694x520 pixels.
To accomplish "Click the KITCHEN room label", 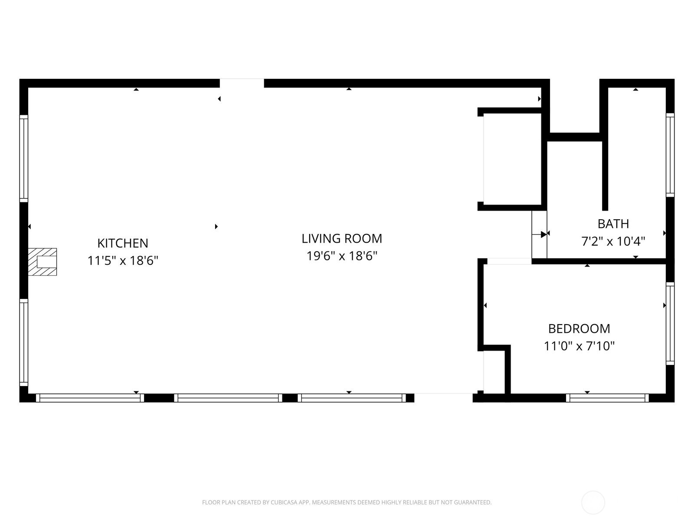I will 123,243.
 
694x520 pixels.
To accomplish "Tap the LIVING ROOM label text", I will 342,238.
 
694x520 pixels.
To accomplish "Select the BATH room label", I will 613,224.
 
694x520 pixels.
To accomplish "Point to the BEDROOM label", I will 579,328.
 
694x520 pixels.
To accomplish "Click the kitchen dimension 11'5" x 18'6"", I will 123,260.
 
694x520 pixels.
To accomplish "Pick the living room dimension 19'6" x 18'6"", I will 342,256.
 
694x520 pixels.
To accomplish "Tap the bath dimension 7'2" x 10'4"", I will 613,241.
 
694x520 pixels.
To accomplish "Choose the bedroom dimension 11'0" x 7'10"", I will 579,346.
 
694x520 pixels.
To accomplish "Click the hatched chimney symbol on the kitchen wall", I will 43,262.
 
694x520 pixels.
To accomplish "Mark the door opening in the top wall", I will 242,83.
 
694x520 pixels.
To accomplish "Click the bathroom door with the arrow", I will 539,234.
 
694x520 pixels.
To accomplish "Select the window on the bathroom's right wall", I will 670,155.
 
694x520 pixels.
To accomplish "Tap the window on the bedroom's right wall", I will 670,324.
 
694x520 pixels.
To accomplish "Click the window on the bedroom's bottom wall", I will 607,398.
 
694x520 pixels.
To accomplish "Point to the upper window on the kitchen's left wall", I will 24,158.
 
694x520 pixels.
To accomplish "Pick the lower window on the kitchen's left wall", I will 24,342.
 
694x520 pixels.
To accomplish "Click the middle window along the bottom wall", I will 228,398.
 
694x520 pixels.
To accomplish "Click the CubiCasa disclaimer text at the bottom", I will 347,503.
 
